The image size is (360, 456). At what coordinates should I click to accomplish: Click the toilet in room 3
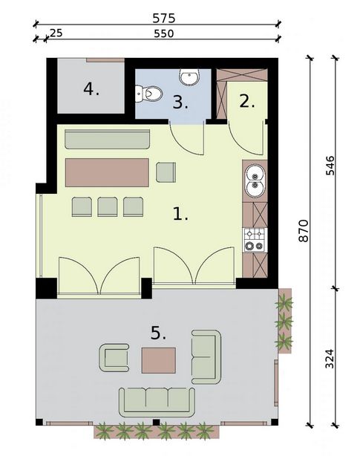click(x=148, y=94)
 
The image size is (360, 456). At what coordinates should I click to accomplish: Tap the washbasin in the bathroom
click(x=189, y=77)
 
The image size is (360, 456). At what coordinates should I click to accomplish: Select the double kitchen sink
click(x=255, y=180)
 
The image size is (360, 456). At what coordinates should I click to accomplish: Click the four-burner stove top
click(x=255, y=240)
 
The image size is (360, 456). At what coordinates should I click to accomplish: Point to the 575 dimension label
click(x=164, y=19)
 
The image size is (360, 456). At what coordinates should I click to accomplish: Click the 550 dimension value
click(x=164, y=33)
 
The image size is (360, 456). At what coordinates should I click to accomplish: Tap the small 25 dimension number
click(x=56, y=33)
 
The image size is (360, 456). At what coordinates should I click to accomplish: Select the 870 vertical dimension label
click(x=304, y=231)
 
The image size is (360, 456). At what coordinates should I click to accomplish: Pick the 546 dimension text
click(x=330, y=166)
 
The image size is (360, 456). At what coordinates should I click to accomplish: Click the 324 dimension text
click(x=330, y=359)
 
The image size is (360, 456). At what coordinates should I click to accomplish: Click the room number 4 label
click(x=91, y=89)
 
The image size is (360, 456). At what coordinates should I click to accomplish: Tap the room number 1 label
click(x=180, y=214)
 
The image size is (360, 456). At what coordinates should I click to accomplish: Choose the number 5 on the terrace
click(x=158, y=333)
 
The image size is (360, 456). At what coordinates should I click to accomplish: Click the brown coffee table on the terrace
click(x=159, y=360)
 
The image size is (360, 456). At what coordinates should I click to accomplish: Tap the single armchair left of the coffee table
click(x=114, y=358)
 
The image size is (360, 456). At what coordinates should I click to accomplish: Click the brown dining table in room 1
click(x=107, y=172)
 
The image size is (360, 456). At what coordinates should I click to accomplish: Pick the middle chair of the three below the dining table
click(x=108, y=206)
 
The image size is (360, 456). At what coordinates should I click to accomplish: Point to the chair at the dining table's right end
click(x=166, y=172)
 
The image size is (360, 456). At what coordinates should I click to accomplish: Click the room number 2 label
click(x=247, y=102)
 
